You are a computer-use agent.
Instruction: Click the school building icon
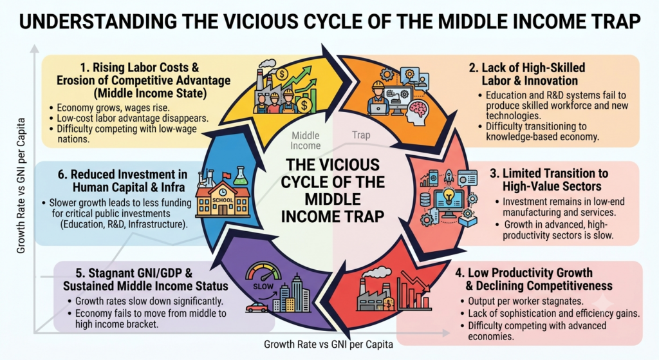click(223, 200)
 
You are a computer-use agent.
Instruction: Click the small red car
click(257, 307)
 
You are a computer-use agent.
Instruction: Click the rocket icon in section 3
click(449, 176)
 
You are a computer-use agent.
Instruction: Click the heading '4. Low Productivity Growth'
click(524, 272)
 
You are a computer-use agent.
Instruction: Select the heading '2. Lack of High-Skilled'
click(527, 68)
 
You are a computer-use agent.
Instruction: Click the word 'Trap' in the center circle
click(361, 135)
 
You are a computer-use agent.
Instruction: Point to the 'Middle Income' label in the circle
click(306, 140)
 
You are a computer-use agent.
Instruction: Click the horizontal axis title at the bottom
click(328, 345)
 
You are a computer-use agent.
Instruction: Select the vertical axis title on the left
click(21, 185)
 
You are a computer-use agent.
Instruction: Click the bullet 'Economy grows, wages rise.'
click(109, 108)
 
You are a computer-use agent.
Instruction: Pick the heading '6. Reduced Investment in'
click(122, 174)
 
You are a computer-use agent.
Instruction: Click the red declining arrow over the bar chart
click(415, 281)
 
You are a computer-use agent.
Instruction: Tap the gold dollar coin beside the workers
click(304, 105)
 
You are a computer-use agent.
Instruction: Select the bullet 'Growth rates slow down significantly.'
click(145, 301)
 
